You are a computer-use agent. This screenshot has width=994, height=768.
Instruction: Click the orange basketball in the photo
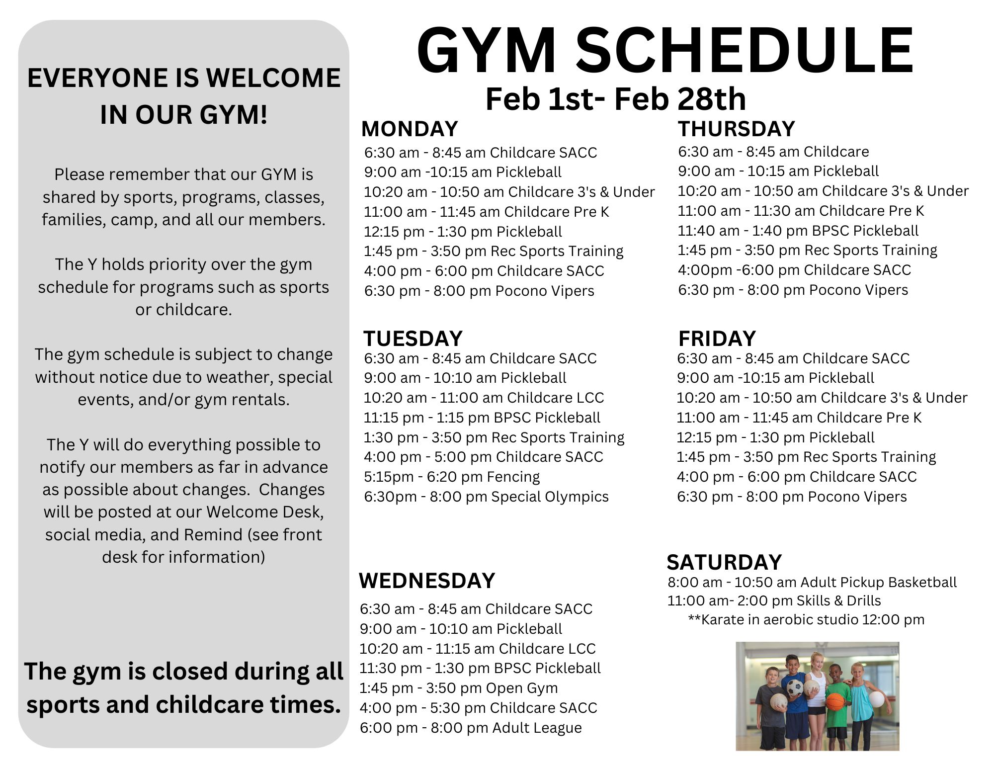tap(835, 701)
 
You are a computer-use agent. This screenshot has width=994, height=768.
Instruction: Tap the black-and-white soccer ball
tap(795, 687)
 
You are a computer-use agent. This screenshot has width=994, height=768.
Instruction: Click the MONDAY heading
tap(410, 129)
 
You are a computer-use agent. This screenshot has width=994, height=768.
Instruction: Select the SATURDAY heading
tap(724, 562)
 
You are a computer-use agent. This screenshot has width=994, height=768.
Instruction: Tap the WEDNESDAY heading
tap(427, 581)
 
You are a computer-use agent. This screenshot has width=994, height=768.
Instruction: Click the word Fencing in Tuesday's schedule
tap(513, 477)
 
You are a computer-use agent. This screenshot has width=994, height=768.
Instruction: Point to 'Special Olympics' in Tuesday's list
tap(550, 497)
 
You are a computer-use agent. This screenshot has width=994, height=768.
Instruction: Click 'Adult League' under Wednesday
tap(537, 728)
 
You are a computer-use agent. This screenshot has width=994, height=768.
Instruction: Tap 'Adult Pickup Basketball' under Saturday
tap(878, 582)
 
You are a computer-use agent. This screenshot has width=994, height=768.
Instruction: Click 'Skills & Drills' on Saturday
tap(838, 600)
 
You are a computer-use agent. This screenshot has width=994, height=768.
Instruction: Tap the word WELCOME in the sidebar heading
tap(273, 78)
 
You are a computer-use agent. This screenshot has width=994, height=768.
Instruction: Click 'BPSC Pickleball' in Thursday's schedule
tap(865, 231)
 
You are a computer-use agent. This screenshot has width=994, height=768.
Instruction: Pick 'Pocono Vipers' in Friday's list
tap(857, 497)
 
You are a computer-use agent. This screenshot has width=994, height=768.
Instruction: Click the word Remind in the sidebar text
tap(213, 534)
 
